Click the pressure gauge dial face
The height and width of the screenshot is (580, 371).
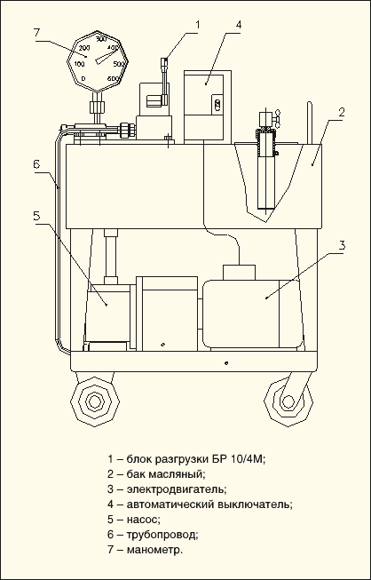click(97, 61)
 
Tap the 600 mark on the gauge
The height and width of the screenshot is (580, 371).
click(113, 78)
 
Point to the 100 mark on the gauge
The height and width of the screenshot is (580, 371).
click(79, 64)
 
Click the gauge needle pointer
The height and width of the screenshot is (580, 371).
click(107, 56)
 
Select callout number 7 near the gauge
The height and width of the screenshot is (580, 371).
click(36, 32)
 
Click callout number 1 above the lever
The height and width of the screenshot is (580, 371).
click(197, 24)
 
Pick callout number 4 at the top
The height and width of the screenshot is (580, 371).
click(239, 25)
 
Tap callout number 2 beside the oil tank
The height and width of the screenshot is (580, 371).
click(342, 113)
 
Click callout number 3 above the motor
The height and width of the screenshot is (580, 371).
click(343, 245)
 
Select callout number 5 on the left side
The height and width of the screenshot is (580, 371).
click(36, 216)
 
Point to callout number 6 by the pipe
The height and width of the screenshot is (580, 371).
click(36, 164)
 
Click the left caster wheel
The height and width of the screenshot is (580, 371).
click(94, 401)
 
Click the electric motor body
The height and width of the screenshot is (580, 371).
click(251, 314)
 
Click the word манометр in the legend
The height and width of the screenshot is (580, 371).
click(154, 550)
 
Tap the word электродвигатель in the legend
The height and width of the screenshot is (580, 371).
click(177, 489)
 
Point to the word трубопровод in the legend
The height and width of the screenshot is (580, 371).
click(162, 535)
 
